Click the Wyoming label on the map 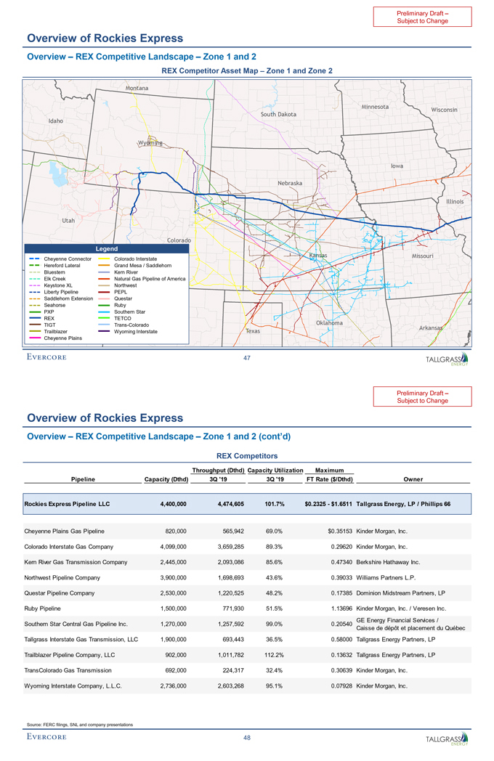[150, 142]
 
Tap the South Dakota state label [278, 114]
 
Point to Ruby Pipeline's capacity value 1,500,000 [173, 608]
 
